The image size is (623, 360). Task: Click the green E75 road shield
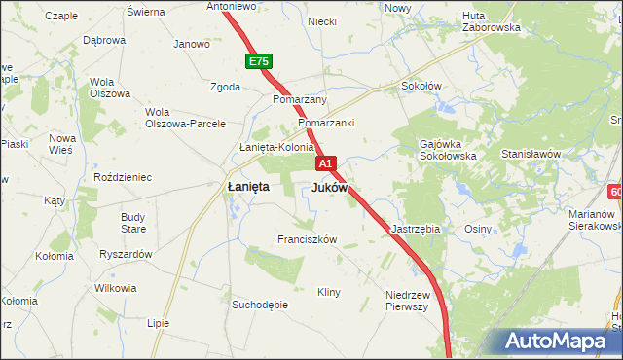(x=257, y=62)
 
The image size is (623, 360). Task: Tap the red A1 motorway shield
(x=326, y=163)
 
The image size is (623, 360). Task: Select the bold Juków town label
(x=330, y=187)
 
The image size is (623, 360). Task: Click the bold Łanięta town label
(x=248, y=187)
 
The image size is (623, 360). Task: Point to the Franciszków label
(x=307, y=239)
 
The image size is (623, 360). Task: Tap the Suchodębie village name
(x=260, y=305)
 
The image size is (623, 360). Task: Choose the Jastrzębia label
(x=416, y=229)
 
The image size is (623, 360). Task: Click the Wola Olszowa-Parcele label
(x=185, y=118)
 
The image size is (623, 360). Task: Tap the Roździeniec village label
(x=122, y=177)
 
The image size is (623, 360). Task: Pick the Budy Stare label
(x=133, y=223)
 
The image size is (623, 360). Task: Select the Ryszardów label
(x=126, y=254)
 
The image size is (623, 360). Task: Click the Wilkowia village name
(x=116, y=289)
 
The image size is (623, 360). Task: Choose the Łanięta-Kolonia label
(x=276, y=148)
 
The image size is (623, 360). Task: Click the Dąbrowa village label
(x=104, y=40)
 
